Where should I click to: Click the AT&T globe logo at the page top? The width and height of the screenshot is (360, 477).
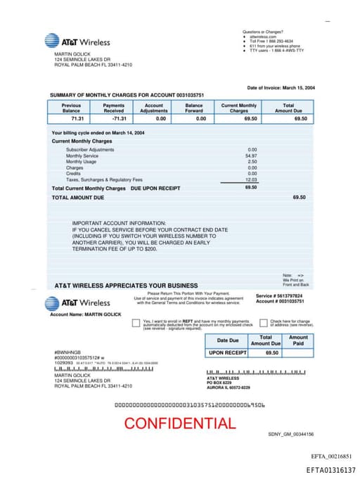tap(52, 42)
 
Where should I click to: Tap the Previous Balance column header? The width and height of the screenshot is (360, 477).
tap(71, 108)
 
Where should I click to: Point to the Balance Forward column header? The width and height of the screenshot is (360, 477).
tap(194, 108)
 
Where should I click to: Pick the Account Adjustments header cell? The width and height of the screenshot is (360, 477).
tap(153, 108)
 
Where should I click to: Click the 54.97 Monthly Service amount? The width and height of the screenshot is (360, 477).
tap(251, 155)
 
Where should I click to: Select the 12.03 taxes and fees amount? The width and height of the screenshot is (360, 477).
tap(251, 179)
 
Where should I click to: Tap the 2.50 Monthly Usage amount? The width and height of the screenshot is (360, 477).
tap(252, 162)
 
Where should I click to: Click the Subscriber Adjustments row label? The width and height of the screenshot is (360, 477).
tap(90, 150)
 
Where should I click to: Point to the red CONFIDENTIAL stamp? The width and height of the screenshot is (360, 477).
tap(180, 424)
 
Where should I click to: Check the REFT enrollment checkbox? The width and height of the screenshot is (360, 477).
tap(136, 324)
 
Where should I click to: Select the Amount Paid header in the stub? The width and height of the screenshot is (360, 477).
tap(298, 341)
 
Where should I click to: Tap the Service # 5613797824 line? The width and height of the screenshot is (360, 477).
tap(279, 295)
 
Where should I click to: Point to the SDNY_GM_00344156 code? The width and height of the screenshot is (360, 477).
tap(290, 434)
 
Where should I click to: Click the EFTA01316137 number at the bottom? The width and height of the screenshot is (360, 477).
tap(330, 469)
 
